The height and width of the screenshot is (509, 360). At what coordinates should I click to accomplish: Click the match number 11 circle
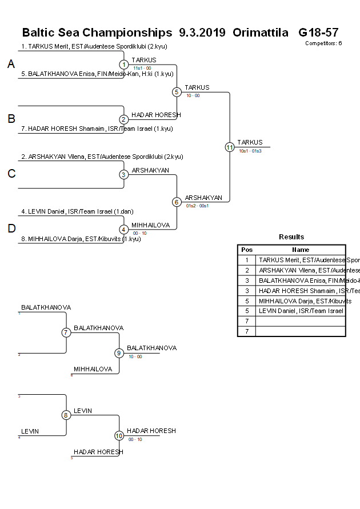coord(230,147)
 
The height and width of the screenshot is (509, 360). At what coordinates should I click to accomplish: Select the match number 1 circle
coord(123,65)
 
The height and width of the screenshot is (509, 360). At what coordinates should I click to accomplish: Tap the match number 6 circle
coord(177,202)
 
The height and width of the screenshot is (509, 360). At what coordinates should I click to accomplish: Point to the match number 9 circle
coord(119,353)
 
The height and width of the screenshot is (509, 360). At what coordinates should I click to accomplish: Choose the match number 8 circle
coord(66,415)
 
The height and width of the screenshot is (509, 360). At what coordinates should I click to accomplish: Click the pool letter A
coord(11,65)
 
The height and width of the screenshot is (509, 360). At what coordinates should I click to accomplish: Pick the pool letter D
coord(11,229)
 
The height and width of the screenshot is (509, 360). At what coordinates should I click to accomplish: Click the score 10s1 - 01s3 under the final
coord(250,151)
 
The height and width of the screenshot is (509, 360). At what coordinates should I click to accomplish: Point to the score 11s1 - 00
coord(142,68)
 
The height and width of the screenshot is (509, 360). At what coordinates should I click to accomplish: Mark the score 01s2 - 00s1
coord(197,206)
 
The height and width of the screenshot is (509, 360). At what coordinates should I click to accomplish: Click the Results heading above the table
coord(291,237)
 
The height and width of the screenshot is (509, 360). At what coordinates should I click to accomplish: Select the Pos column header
coord(247,250)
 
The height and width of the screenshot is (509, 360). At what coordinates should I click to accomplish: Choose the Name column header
coord(301,250)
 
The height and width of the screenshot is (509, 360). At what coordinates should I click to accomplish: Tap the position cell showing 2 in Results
coord(247,270)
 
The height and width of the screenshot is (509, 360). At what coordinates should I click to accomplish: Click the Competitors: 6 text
coord(323,43)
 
